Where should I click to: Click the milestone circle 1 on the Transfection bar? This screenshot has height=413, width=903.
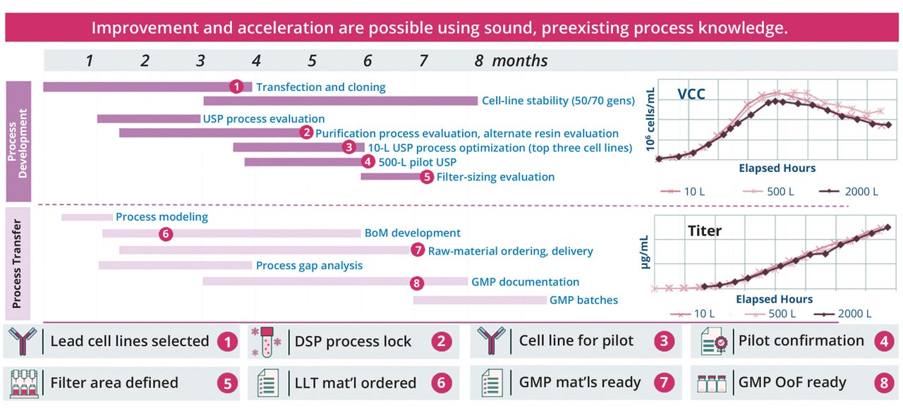(236, 87)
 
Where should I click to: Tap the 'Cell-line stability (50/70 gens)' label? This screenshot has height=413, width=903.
(558, 101)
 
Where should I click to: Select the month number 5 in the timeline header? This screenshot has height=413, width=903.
(312, 61)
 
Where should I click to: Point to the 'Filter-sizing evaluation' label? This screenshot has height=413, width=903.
(495, 177)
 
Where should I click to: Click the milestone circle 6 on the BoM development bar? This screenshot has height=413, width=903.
(166, 233)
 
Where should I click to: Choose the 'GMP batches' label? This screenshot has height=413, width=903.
(583, 300)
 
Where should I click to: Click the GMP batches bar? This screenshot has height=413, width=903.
(480, 300)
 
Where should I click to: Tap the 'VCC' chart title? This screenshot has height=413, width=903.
(691, 94)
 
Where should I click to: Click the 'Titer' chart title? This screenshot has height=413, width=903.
(704, 230)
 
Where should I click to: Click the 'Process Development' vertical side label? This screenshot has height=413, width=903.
(18, 142)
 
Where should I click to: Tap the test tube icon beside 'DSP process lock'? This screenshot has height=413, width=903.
(266, 341)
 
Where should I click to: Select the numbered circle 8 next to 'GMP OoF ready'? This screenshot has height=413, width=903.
(883, 383)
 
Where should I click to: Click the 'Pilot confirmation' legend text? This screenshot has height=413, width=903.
(801, 341)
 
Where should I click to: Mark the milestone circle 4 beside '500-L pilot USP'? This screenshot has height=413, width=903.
(367, 162)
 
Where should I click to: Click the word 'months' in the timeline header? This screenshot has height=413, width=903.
(519, 61)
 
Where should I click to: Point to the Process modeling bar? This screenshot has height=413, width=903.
(87, 217)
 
